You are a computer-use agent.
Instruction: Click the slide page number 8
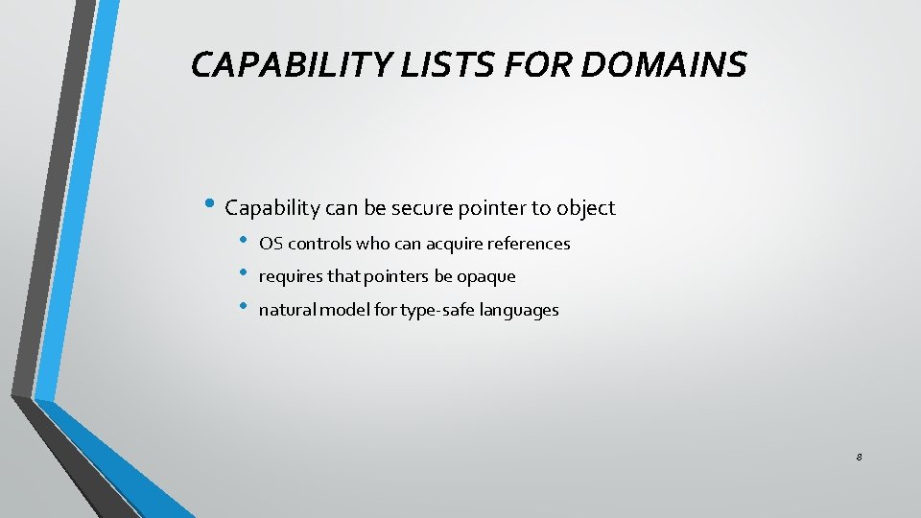click(x=859, y=458)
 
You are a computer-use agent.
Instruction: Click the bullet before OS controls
click(x=245, y=241)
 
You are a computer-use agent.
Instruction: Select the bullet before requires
click(x=245, y=274)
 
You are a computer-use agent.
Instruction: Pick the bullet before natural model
click(x=245, y=307)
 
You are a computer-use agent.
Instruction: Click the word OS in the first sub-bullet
click(x=271, y=244)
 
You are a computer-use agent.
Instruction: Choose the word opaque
click(x=485, y=277)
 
